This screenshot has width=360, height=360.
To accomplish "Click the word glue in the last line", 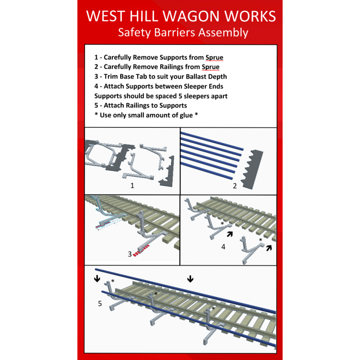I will [185, 115].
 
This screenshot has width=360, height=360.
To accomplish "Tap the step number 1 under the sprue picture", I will [132, 185].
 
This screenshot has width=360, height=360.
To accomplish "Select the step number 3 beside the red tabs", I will [129, 254].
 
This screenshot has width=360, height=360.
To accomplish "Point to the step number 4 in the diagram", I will [223, 247].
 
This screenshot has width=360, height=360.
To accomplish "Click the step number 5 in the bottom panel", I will [100, 304].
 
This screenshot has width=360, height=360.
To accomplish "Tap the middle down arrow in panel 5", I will [190, 279].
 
